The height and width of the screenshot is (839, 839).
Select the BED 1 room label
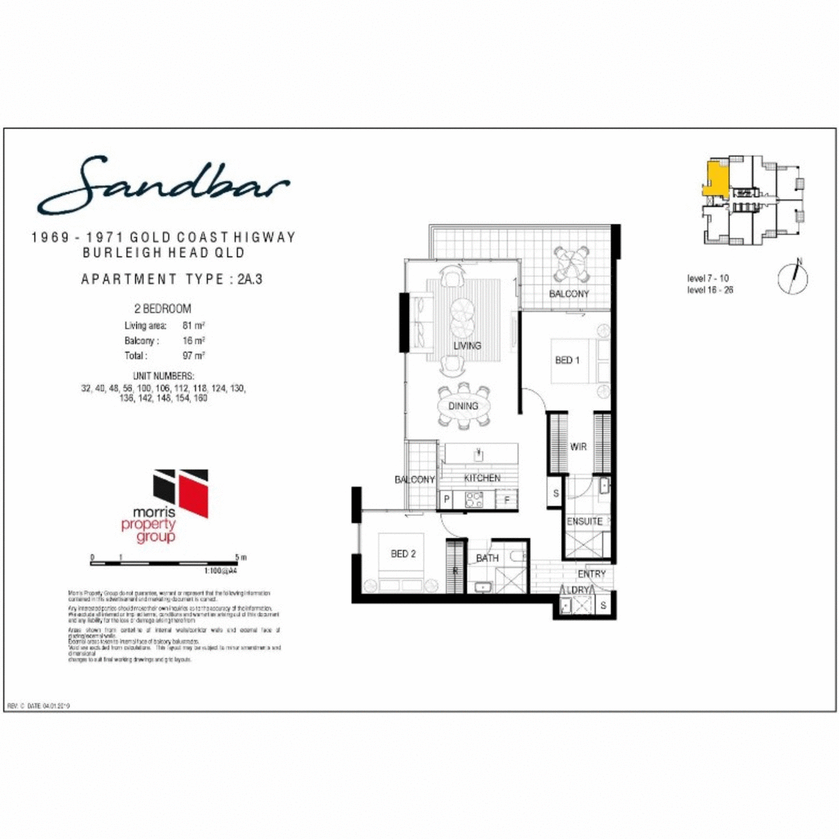[567, 360]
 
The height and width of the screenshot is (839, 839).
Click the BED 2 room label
[403, 554]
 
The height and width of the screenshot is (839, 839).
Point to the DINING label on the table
[463, 406]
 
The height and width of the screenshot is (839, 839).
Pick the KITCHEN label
[482, 478]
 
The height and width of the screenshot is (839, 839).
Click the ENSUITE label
[585, 521]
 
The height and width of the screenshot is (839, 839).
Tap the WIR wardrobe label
[578, 447]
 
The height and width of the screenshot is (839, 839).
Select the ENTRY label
[591, 574]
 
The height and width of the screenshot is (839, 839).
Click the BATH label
[487, 558]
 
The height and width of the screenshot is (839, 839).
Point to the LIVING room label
[467, 345]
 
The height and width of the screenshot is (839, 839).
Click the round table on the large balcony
[565, 265]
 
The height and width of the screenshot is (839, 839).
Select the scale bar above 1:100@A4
[168, 562]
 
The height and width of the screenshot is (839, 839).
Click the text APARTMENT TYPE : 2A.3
[172, 279]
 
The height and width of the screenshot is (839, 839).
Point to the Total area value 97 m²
[194, 356]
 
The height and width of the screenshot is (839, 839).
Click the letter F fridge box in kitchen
[507, 500]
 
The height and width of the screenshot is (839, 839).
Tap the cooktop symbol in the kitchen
[474, 499]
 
